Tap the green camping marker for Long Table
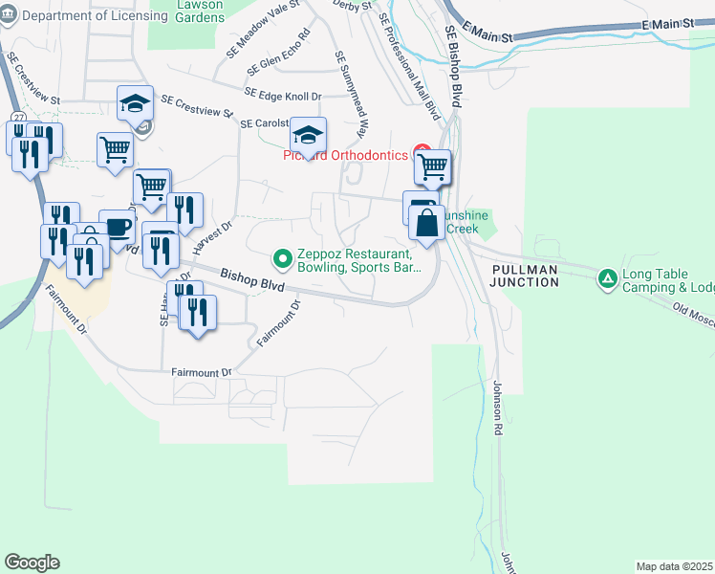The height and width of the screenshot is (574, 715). coord(607,279)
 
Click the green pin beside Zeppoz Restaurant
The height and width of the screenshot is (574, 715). coord(282,257)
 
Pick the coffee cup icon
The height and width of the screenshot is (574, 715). coord(118,228)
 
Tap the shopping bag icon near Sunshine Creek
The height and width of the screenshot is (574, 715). coord(426,225)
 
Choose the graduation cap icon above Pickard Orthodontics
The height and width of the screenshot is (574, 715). coord(308,134)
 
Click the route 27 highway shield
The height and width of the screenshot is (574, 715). coord(18,116)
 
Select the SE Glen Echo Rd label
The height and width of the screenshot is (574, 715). coord(278,55)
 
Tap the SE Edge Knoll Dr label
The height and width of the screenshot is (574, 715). coord(283,94)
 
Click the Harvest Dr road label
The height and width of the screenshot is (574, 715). coord(211,234)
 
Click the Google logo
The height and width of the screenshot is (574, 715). coord(32,562)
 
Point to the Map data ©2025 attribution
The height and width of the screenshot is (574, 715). coord(674,566)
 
